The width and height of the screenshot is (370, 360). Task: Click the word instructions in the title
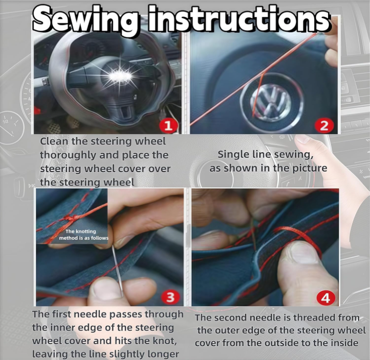click(x=239, y=18)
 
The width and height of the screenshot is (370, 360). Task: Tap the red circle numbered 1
click(x=169, y=126)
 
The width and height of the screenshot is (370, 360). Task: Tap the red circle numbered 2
click(x=324, y=125)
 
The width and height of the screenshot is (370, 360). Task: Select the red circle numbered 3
click(x=170, y=297)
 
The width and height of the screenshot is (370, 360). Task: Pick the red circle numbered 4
click(x=326, y=298)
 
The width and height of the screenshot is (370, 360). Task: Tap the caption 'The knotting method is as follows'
click(x=84, y=235)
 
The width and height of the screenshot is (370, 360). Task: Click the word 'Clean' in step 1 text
click(x=54, y=141)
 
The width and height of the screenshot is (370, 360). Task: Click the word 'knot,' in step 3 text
click(x=164, y=341)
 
